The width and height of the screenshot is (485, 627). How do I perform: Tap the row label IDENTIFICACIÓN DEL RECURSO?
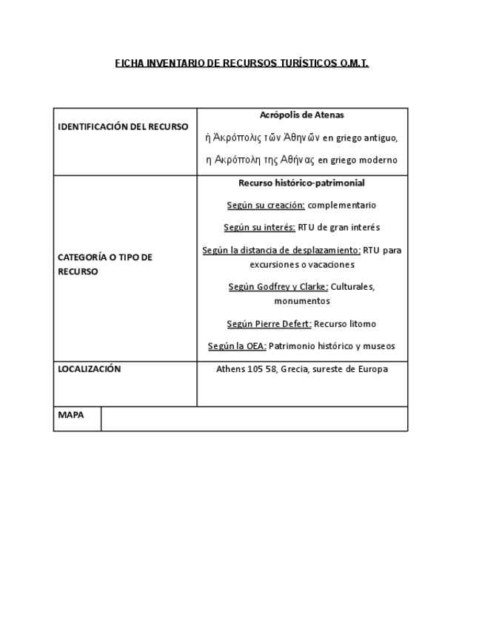pos(123,127)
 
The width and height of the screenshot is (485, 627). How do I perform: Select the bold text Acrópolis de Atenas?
pos(302,115)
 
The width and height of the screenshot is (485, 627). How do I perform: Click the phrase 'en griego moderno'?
pos(358,160)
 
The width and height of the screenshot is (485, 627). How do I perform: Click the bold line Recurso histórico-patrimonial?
pos(301,183)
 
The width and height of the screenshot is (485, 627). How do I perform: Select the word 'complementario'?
pos(342,205)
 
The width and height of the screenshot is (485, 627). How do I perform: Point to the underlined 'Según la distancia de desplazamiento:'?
pos(281,250)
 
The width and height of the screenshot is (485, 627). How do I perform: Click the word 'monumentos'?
pos(302,301)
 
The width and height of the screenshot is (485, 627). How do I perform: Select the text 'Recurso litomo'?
pos(345,324)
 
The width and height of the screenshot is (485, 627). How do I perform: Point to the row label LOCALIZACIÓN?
pos(89,369)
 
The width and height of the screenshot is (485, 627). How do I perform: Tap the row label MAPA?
pos(70,415)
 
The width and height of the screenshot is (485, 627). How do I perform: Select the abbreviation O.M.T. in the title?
pos(354,64)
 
